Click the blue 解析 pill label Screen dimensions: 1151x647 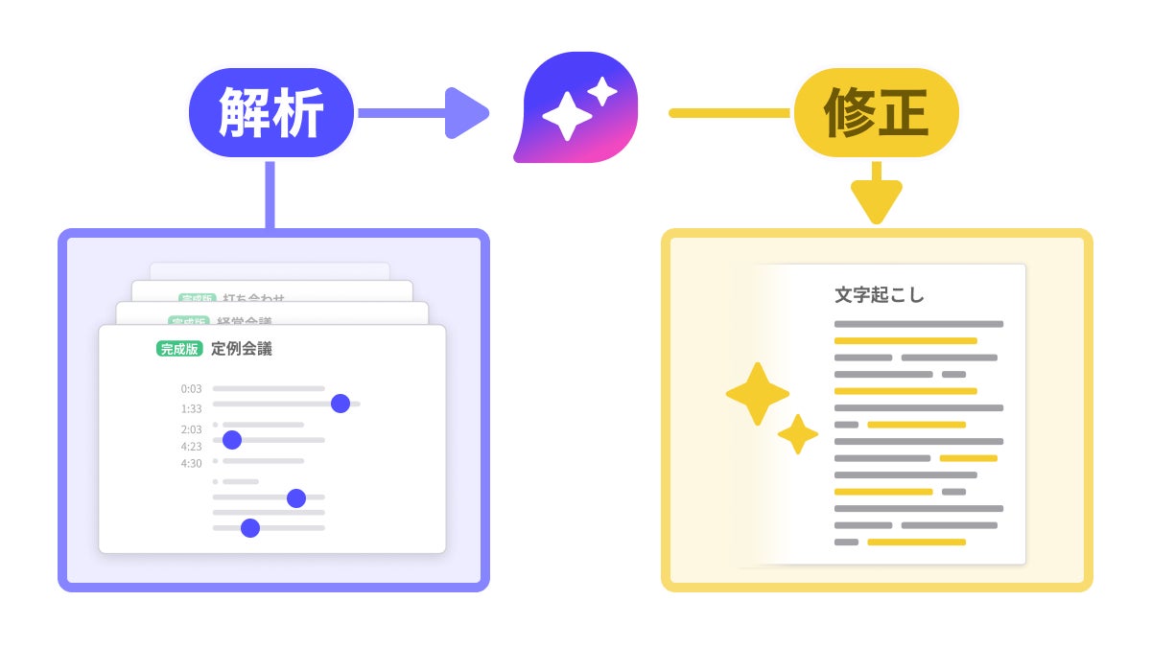pyautogui.click(x=271, y=113)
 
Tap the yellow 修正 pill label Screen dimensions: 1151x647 pyautogui.click(x=876, y=113)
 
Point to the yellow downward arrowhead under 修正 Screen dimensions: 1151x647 pyautogui.click(x=876, y=201)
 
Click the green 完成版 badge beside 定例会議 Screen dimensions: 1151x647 pyautogui.click(x=179, y=349)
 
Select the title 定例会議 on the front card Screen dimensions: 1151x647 pyautogui.click(x=242, y=349)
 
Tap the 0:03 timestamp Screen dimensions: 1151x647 pyautogui.click(x=191, y=389)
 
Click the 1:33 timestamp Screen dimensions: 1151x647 pyautogui.click(x=191, y=408)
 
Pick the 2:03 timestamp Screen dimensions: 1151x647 pyautogui.click(x=191, y=429)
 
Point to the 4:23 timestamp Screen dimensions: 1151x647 pyautogui.click(x=191, y=446)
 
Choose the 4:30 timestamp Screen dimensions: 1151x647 pyautogui.click(x=191, y=463)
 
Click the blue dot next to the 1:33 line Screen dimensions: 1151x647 pyautogui.click(x=340, y=404)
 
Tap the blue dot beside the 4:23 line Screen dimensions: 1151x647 pyautogui.click(x=231, y=440)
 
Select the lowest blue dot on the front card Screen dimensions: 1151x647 pyautogui.click(x=250, y=527)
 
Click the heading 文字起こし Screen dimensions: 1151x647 pyautogui.click(x=880, y=295)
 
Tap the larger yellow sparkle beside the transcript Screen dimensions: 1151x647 pyautogui.click(x=758, y=394)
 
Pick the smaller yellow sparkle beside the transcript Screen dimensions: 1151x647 pyautogui.click(x=797, y=434)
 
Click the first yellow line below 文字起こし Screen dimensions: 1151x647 pyautogui.click(x=905, y=341)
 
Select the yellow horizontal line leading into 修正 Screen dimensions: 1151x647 pyautogui.click(x=729, y=113)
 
